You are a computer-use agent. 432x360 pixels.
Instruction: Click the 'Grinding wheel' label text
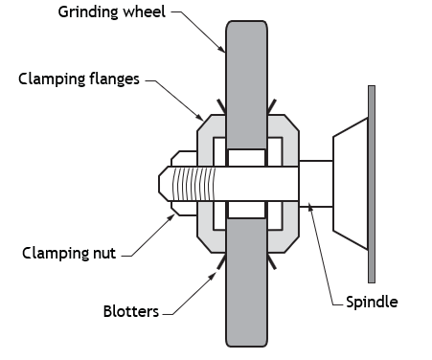point(112,12)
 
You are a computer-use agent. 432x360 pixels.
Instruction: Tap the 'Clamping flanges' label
point(79,79)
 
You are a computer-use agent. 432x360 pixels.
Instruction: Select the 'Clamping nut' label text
point(69,254)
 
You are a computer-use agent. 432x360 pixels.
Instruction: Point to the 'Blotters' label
point(131,311)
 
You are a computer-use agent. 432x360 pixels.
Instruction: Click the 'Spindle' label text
point(372,302)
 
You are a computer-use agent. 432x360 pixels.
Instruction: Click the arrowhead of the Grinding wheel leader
point(222,49)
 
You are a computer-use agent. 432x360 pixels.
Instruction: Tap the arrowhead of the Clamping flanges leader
point(200,118)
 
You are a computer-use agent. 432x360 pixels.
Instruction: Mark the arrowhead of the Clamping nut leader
point(171,217)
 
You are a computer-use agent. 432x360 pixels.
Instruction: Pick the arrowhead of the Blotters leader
point(213,276)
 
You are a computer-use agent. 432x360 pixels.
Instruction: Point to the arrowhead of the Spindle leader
point(309,207)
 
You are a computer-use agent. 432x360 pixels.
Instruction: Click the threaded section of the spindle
point(193,184)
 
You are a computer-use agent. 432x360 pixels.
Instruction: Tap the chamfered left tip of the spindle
point(164,184)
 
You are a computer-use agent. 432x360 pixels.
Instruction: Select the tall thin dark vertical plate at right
point(372,184)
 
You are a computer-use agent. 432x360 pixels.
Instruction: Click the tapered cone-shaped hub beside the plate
point(351,184)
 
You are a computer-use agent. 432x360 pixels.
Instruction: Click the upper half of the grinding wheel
point(246,84)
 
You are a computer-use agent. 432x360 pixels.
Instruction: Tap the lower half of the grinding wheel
point(246,282)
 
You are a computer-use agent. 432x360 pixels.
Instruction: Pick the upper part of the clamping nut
point(184,159)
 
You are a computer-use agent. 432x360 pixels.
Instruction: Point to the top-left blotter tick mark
point(221,107)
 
